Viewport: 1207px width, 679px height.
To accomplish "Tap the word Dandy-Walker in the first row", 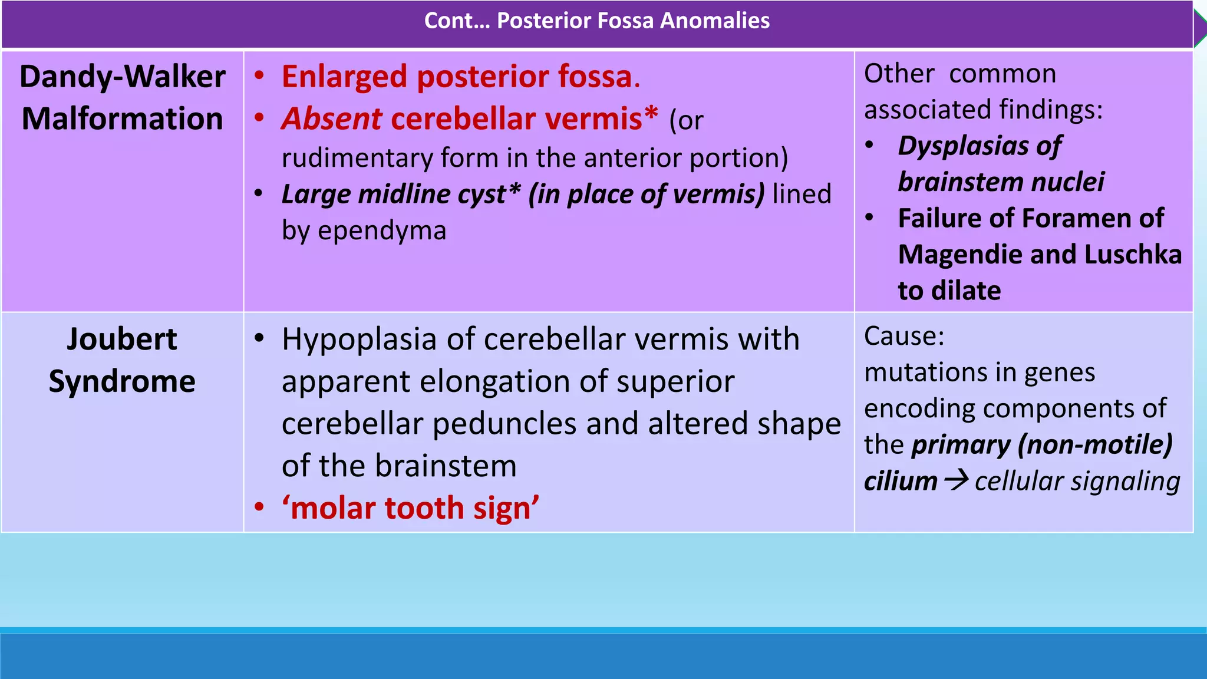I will [123, 77].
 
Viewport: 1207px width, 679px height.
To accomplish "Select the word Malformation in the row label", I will [123, 119].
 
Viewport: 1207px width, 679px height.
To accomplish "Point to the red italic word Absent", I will [332, 119].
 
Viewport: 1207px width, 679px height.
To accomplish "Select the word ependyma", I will [382, 230].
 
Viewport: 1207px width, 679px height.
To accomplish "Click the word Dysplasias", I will [964, 146].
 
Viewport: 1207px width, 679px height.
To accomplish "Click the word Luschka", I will [1132, 255].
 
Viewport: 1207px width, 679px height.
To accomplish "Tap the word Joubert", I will [122, 339].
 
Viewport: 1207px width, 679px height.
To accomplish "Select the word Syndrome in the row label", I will [122, 382].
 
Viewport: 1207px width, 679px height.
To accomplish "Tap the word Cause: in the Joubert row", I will [904, 337].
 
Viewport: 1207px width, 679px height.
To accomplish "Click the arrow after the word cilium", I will [956, 480].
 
